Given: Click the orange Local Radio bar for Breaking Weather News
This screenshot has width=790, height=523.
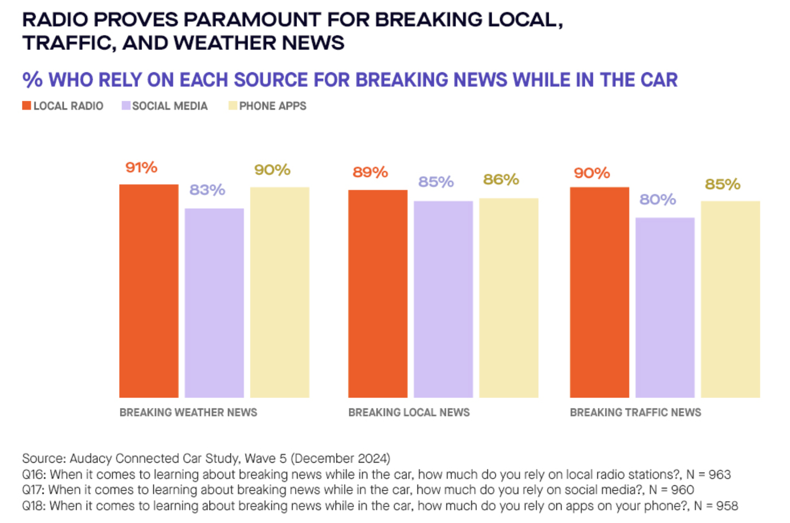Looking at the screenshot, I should point(148,291).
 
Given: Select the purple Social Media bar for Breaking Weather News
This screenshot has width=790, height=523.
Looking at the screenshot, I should point(214,303).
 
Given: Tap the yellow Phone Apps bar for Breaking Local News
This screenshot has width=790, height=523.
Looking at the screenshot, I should point(508,298).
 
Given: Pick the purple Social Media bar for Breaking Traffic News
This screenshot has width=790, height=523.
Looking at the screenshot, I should point(665,308).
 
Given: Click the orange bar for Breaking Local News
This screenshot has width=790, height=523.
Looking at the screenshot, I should point(377,294).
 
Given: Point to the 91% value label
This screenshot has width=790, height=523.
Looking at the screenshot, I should point(141,167).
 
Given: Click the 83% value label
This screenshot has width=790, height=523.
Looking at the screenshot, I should point(207,190).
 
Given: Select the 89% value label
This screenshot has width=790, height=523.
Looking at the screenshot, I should point(370,172).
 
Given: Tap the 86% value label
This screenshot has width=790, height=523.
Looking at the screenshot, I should point(501,180).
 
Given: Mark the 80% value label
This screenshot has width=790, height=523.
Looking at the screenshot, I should point(657,200).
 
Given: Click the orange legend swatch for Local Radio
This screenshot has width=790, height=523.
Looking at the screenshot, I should point(27,106).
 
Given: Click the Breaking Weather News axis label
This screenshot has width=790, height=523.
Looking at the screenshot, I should point(188,412).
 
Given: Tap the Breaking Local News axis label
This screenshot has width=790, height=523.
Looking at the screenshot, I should point(409,412).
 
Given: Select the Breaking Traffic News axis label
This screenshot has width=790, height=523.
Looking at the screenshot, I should point(635,412).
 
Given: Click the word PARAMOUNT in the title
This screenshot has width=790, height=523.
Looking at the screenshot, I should point(252,20).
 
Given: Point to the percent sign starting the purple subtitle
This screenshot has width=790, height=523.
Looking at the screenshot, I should point(32,80).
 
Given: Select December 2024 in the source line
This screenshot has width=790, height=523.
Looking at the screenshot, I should point(340,458).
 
